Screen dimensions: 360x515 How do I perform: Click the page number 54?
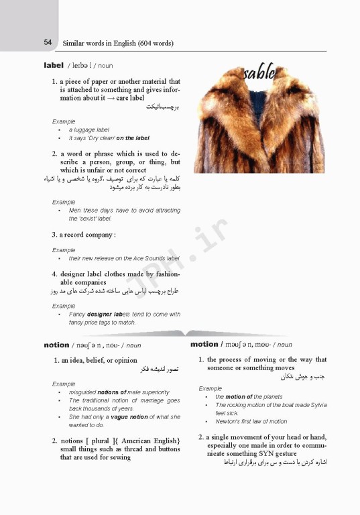click(48, 42)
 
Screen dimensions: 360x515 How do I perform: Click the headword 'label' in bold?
click(53, 65)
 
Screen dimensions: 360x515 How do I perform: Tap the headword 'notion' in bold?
click(56, 345)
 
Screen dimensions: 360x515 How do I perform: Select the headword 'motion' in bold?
click(204, 345)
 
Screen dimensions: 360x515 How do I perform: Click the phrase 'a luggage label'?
click(88, 129)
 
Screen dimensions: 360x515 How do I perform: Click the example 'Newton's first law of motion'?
click(251, 421)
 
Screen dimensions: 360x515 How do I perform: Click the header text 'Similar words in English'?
click(99, 43)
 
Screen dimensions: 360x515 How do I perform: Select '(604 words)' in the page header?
click(156, 43)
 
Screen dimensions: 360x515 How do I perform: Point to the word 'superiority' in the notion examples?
click(153, 392)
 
